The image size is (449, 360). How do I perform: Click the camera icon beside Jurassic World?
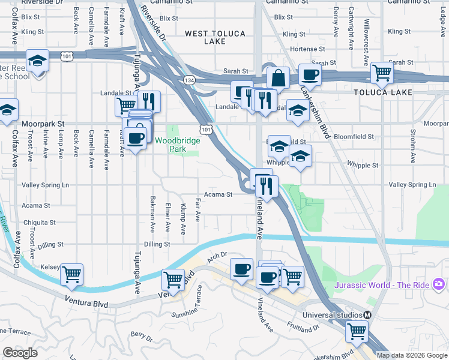pyautogui.click(x=439, y=283)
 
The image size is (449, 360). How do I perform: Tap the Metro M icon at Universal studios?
pyautogui.click(x=367, y=315)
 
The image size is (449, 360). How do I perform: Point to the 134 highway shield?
pyautogui.click(x=190, y=80)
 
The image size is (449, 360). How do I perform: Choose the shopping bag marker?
pyautogui.click(x=279, y=77)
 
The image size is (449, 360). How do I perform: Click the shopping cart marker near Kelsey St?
pyautogui.click(x=72, y=275)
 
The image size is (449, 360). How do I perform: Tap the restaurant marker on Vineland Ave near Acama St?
pyautogui.click(x=267, y=186)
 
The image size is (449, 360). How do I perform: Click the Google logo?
pyautogui.click(x=20, y=353)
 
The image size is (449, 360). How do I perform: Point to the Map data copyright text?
pyautogui.click(x=412, y=355)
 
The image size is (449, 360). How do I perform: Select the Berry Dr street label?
pyautogui.click(x=142, y=336)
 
